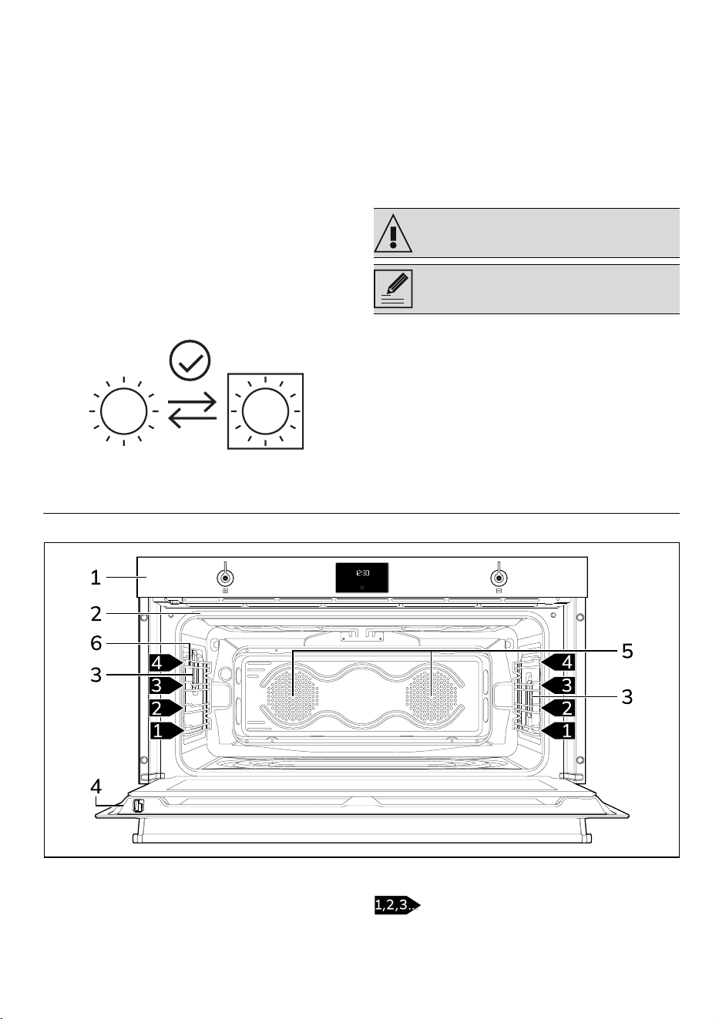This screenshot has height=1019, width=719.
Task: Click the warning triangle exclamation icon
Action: tap(393, 233)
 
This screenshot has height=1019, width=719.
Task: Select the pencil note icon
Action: tap(393, 289)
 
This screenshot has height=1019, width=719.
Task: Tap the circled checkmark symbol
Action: tap(190, 360)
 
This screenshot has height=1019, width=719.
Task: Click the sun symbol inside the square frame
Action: tap(265, 411)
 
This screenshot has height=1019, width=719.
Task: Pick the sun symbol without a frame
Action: tap(124, 411)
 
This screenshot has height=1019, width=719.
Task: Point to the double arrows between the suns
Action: tap(192, 411)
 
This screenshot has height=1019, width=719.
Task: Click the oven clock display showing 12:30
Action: tap(362, 578)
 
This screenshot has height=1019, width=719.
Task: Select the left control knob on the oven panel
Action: tap(225, 578)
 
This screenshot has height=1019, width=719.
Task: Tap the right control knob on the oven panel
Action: tap(499, 578)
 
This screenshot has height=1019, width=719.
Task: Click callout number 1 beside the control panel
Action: tap(95, 578)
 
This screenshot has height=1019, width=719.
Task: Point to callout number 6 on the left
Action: tap(96, 643)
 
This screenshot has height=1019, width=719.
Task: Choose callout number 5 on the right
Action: tap(627, 652)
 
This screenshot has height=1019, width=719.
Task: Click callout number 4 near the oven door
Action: tap(96, 786)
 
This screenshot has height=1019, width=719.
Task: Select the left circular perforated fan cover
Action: tap(293, 697)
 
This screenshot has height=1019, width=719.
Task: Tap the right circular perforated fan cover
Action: tap(432, 697)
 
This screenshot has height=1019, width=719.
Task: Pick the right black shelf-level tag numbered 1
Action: tap(558, 731)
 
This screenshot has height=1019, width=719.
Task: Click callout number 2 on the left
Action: tap(96, 614)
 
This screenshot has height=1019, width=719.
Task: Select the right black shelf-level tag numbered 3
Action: tap(558, 685)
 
